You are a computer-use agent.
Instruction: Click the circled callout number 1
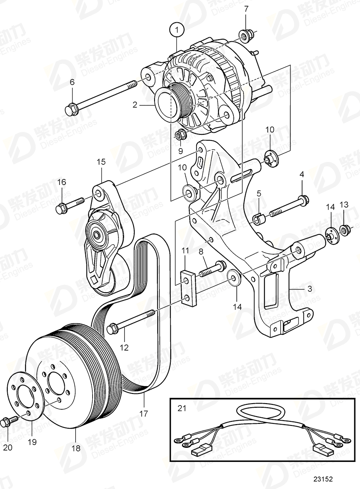[x=177, y=30]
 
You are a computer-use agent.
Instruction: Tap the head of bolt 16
[x=60, y=208]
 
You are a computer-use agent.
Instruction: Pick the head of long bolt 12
[x=111, y=329]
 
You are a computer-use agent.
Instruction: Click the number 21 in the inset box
[x=182, y=408]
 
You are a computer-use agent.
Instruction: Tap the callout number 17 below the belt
[x=144, y=414]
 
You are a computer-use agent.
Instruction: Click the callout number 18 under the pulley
[x=76, y=448]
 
